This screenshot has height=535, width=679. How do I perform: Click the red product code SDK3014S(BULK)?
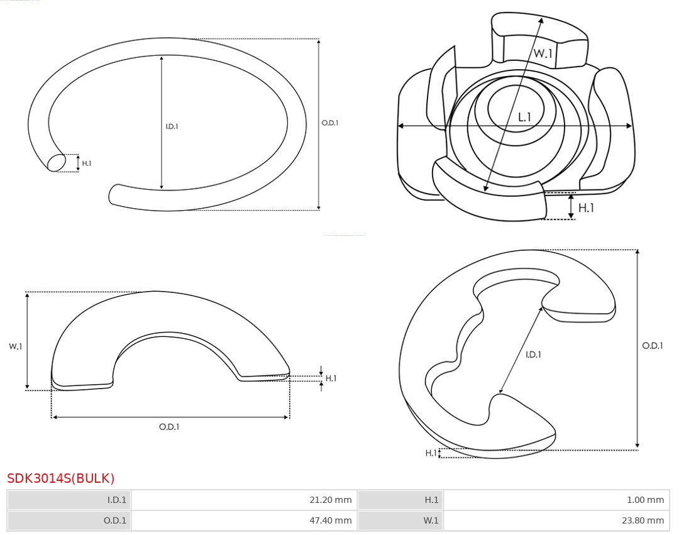tap(61, 478)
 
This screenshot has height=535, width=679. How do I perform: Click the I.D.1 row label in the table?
tap(117, 500)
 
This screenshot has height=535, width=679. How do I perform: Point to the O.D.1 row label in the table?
tap(115, 521)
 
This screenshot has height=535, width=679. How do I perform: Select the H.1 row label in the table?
tap(431, 500)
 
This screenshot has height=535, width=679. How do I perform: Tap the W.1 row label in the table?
tap(431, 521)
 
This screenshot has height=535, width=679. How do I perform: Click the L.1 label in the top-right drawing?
tap(524, 117)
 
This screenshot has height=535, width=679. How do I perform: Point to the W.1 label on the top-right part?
tap(543, 54)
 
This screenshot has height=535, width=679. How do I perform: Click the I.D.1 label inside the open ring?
tap(172, 126)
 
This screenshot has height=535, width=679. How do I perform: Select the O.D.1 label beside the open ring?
tap(330, 123)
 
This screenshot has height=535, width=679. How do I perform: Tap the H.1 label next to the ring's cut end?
tap(87, 163)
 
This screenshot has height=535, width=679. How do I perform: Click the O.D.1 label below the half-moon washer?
tap(169, 427)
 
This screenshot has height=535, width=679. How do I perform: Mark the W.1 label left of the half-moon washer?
tap(16, 346)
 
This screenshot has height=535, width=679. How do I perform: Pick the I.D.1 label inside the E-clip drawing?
tap(533, 355)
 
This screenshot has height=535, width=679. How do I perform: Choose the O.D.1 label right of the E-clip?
tap(653, 346)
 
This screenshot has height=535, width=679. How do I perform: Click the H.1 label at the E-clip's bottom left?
tap(431, 453)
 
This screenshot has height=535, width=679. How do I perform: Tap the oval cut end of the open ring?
tap(57, 162)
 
